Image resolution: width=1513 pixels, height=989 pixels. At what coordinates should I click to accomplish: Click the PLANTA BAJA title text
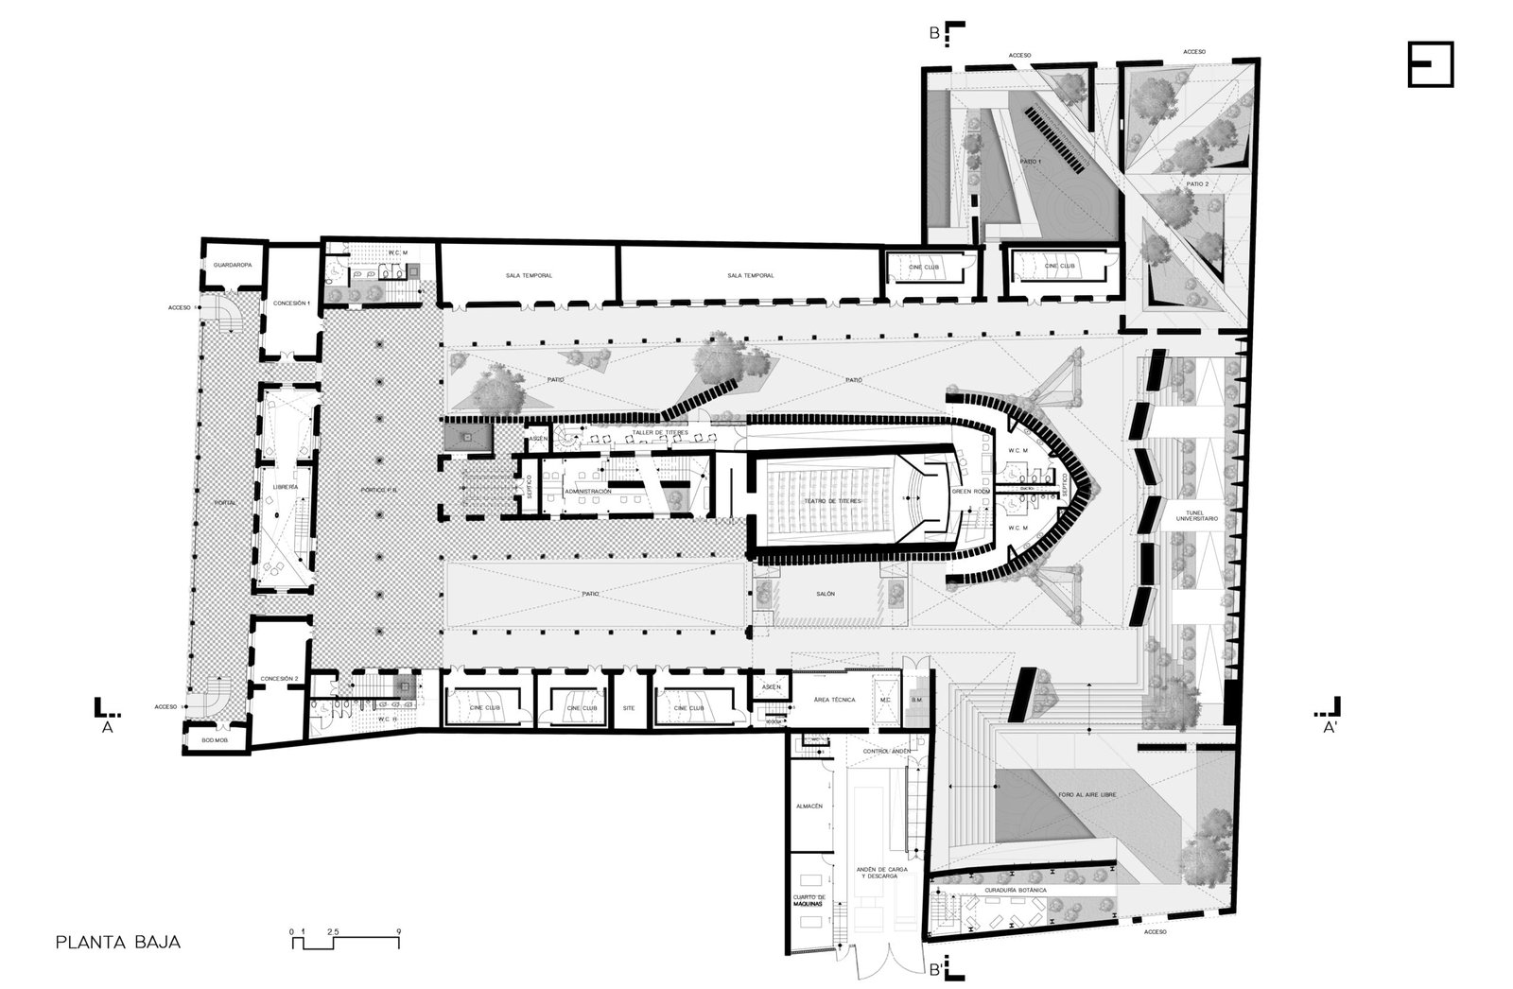118,943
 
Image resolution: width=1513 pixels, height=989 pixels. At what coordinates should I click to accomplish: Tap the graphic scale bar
345,936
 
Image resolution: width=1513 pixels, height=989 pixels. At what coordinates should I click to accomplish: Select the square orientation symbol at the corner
1429,64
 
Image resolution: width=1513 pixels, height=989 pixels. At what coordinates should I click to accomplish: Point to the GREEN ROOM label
968,492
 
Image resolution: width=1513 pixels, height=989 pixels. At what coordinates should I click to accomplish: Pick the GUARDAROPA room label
231,266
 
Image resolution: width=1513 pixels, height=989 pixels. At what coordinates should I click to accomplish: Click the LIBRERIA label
286,486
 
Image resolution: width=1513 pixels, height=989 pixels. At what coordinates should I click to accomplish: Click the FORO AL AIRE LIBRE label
1086,796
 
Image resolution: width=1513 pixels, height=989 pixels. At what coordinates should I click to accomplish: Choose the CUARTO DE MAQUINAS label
809,901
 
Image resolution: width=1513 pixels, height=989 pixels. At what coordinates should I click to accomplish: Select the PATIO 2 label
1196,183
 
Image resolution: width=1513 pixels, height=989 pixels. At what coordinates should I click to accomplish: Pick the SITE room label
629,707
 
